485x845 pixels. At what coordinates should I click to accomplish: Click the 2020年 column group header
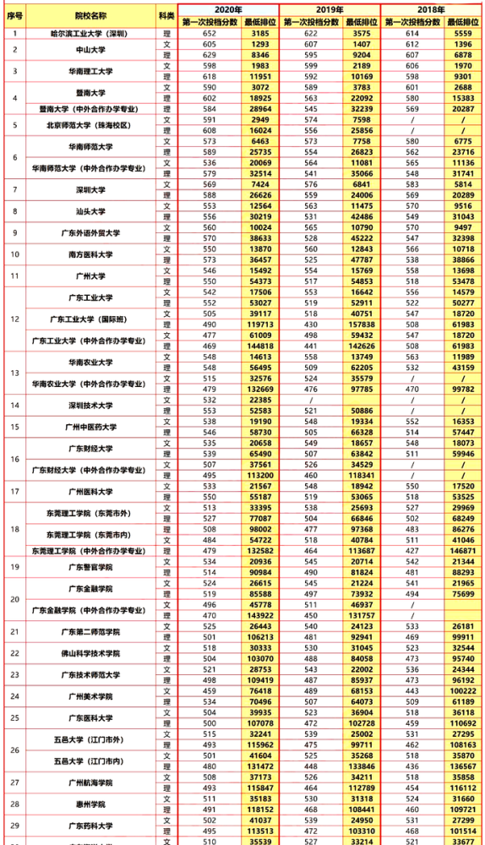pos(228,8)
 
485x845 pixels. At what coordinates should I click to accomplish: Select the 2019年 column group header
pos(330,8)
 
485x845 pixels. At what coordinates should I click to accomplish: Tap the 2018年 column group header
pos(432,8)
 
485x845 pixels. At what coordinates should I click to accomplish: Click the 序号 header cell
pos(14,15)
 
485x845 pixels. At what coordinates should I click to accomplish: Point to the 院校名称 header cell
pos(90,15)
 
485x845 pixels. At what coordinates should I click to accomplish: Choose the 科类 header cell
pos(166,15)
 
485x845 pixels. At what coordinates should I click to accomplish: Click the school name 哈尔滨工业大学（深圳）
pos(90,33)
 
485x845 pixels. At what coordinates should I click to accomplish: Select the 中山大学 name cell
pos(90,49)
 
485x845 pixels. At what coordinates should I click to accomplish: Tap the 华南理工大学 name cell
pos(90,71)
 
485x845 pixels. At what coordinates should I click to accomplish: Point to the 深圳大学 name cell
pos(90,189)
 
